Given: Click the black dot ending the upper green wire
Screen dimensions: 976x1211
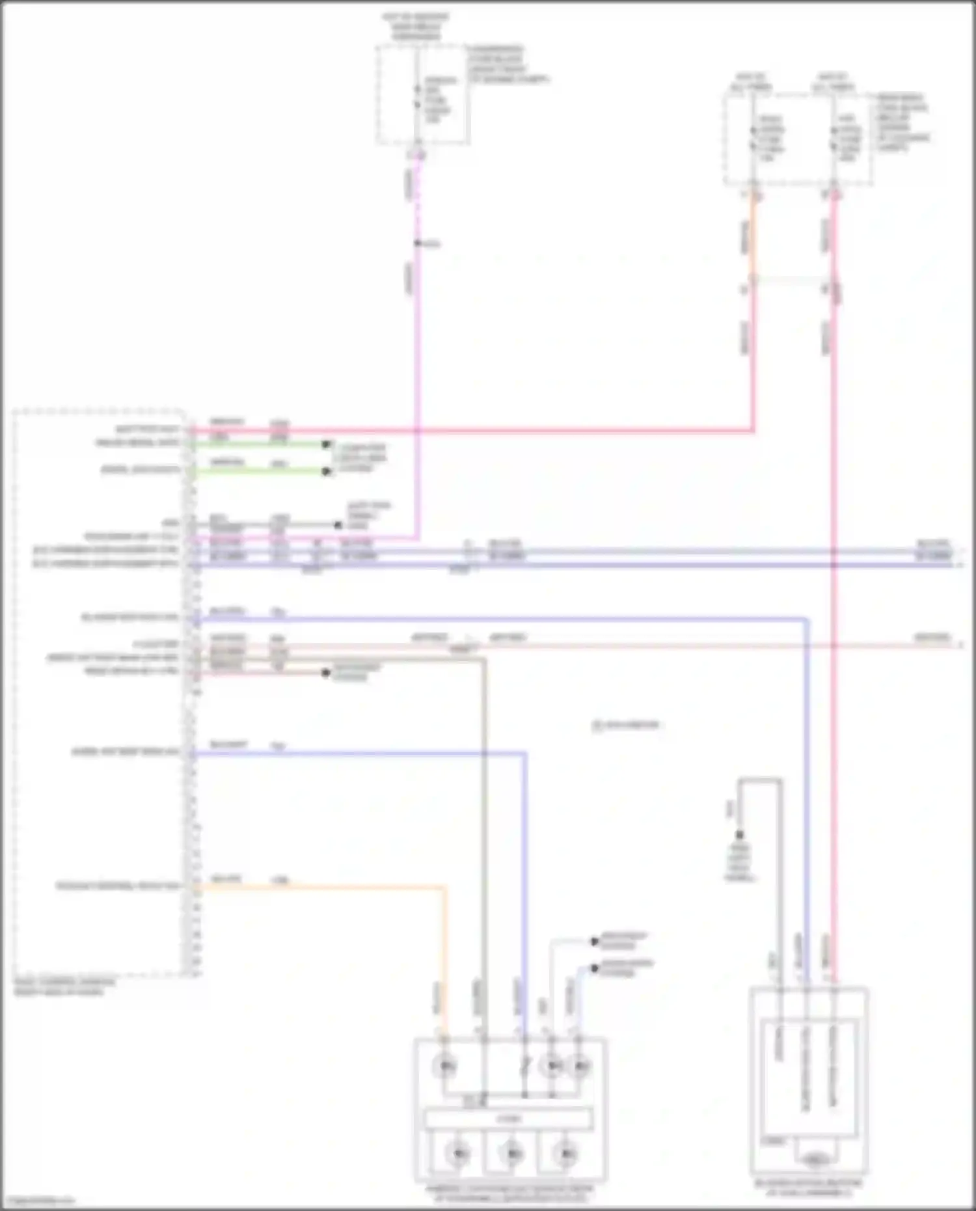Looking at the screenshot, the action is click(327, 444).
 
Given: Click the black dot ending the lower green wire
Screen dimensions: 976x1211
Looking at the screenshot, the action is click(327, 472).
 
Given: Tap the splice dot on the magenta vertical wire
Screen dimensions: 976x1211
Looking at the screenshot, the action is click(418, 244).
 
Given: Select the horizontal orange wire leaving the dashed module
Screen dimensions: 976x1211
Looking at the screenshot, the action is click(319, 886).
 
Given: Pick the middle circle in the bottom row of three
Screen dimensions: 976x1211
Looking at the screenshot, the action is click(511, 1154).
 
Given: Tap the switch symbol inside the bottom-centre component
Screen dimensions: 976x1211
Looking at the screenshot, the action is click(526, 1065).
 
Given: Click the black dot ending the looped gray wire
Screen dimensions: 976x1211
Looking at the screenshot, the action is click(739, 835).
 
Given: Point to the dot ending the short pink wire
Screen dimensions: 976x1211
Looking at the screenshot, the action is click(326, 673).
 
